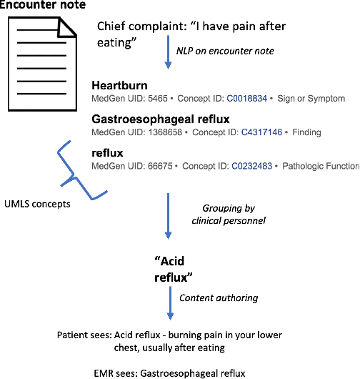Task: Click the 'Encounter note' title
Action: click(x=44, y=7)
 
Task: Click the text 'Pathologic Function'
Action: click(x=321, y=166)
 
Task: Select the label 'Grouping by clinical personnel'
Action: click(x=231, y=214)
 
